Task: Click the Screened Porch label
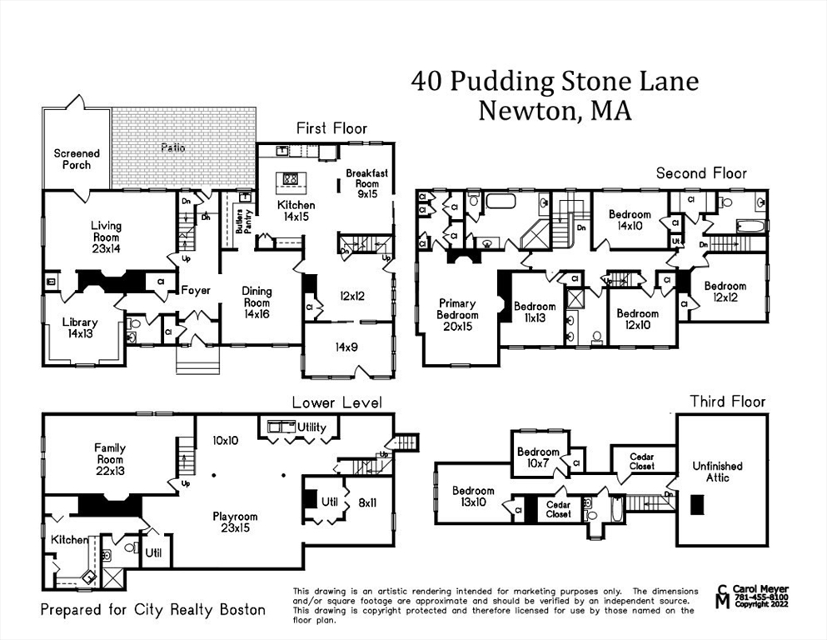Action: point(77,158)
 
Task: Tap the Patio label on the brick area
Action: point(173,147)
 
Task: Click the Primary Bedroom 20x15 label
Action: point(457,315)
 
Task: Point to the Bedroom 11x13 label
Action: point(534,312)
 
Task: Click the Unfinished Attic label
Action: point(717,472)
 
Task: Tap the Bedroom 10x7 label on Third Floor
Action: point(538,458)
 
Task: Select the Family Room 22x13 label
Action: point(109,459)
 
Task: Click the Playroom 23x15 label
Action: point(235,522)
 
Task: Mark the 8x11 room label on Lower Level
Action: point(367,502)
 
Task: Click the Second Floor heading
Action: point(701,173)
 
